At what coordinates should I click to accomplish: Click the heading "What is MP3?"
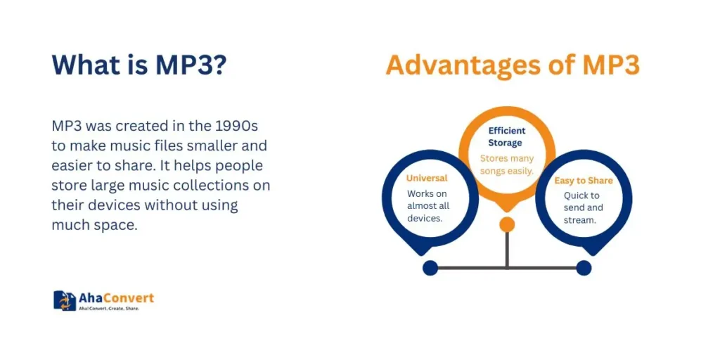(139, 65)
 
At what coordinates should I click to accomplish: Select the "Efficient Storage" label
(506, 137)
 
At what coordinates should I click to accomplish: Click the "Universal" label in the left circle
(427, 178)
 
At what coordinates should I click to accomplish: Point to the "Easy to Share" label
(584, 181)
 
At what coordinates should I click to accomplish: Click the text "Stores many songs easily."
(507, 165)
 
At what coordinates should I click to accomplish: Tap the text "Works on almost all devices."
(428, 206)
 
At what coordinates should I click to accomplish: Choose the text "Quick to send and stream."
(583, 207)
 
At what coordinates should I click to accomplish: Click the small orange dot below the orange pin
(507, 224)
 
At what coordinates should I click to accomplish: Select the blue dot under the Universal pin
(430, 268)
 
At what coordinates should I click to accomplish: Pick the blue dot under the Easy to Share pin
(584, 268)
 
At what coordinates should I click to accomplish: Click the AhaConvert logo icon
(65, 300)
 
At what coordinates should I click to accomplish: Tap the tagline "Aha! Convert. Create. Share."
(109, 309)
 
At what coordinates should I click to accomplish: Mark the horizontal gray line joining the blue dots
(507, 268)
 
